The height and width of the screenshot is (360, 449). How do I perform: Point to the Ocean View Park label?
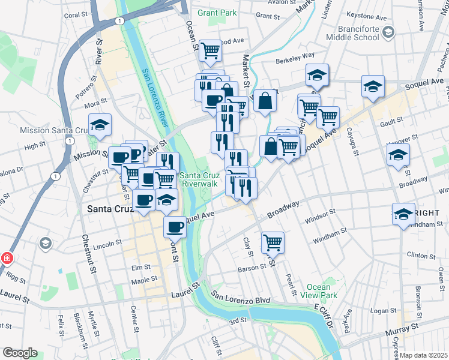[x=323, y=292]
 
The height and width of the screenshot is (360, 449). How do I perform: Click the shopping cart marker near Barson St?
[x=273, y=242]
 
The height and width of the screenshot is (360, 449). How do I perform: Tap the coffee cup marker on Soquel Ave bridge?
[x=175, y=227]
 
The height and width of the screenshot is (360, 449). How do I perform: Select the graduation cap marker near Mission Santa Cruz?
[x=100, y=124]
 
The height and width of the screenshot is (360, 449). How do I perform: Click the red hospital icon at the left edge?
[x=7, y=259]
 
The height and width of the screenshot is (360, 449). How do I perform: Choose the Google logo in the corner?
[x=19, y=353]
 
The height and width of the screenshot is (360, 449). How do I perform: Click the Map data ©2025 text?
[x=424, y=355]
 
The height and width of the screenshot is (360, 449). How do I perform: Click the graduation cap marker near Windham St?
[x=404, y=214]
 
